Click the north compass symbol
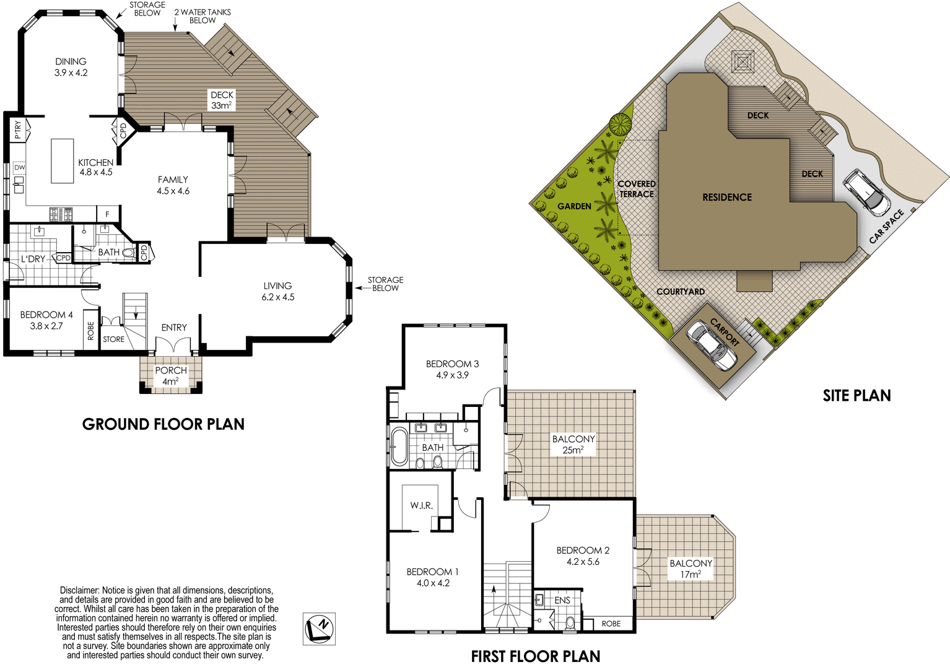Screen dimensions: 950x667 [x=319, y=629]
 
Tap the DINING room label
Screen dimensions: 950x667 [x=71, y=61]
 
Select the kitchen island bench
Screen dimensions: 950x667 [x=63, y=160]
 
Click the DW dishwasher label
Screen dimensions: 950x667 [x=20, y=167]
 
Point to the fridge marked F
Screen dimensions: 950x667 [x=107, y=214]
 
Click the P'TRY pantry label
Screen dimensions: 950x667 [x=18, y=130]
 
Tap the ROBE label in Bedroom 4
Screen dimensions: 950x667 [x=91, y=331]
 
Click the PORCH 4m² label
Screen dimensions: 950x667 [x=171, y=376]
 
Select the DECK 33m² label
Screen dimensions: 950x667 [x=222, y=100]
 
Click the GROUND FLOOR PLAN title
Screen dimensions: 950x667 [x=163, y=424]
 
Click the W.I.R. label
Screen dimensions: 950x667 [x=421, y=505]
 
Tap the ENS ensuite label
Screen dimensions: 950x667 [x=562, y=600]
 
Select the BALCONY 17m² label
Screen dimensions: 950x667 [x=691, y=569]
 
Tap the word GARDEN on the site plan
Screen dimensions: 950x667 [x=574, y=206]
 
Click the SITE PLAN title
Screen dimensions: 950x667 [x=856, y=396]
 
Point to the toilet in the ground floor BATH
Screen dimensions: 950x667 [x=129, y=253]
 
